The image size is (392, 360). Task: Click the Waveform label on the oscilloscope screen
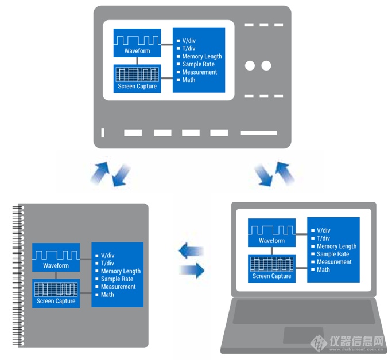[x=137, y=51]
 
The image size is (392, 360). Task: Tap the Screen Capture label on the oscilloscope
[x=137, y=87]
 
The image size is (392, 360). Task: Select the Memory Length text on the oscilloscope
[x=201, y=57]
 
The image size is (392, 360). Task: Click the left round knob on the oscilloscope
[x=250, y=66]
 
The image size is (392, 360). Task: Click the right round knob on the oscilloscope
[x=266, y=66]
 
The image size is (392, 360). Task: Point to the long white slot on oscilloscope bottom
[x=258, y=133]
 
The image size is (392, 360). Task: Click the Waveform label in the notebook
[x=56, y=266]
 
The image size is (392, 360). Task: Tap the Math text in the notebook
[x=107, y=295]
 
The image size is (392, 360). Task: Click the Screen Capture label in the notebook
[x=56, y=301]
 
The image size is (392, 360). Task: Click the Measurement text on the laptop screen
[x=334, y=262]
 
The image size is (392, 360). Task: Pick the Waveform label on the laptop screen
[x=271, y=241]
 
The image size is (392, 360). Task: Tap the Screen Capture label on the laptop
[x=271, y=276]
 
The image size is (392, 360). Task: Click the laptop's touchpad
[x=303, y=335]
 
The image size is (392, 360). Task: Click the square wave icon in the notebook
[x=56, y=253]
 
